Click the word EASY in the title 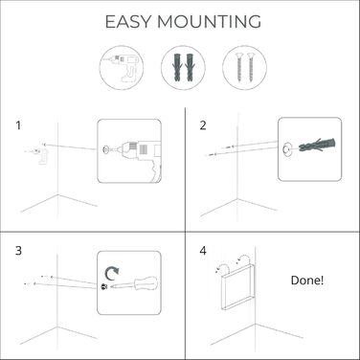[127, 22]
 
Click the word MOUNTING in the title [209, 22]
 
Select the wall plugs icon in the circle [183, 67]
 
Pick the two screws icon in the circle [245, 67]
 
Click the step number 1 [18, 125]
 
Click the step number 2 [203, 125]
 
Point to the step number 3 [18, 251]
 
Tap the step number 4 [203, 251]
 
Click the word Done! [307, 281]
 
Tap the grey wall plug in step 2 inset [317, 146]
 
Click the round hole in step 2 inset [286, 148]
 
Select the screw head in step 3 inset [103, 286]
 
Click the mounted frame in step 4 [237, 286]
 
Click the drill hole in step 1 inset [104, 148]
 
